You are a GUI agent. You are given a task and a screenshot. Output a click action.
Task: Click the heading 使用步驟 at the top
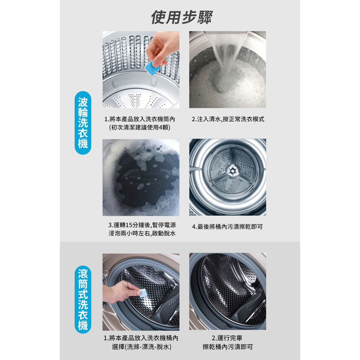(182, 17)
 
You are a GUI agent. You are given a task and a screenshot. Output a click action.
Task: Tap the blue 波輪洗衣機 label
(83, 123)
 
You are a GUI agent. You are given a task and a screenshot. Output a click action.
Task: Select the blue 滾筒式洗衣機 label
(83, 299)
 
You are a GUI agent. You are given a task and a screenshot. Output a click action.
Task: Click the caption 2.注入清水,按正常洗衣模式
(228, 119)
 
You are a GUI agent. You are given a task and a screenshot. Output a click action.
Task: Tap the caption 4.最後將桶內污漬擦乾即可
(228, 227)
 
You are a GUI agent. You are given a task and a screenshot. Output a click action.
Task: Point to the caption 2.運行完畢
(227, 338)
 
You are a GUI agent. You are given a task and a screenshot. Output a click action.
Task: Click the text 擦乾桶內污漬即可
(228, 347)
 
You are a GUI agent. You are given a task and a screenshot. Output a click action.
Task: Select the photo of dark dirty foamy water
(141, 177)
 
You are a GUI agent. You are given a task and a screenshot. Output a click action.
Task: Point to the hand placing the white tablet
(121, 291)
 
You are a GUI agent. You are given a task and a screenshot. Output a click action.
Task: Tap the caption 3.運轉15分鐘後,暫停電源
(142, 225)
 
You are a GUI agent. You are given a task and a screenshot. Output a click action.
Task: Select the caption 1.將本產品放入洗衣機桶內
(141, 338)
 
